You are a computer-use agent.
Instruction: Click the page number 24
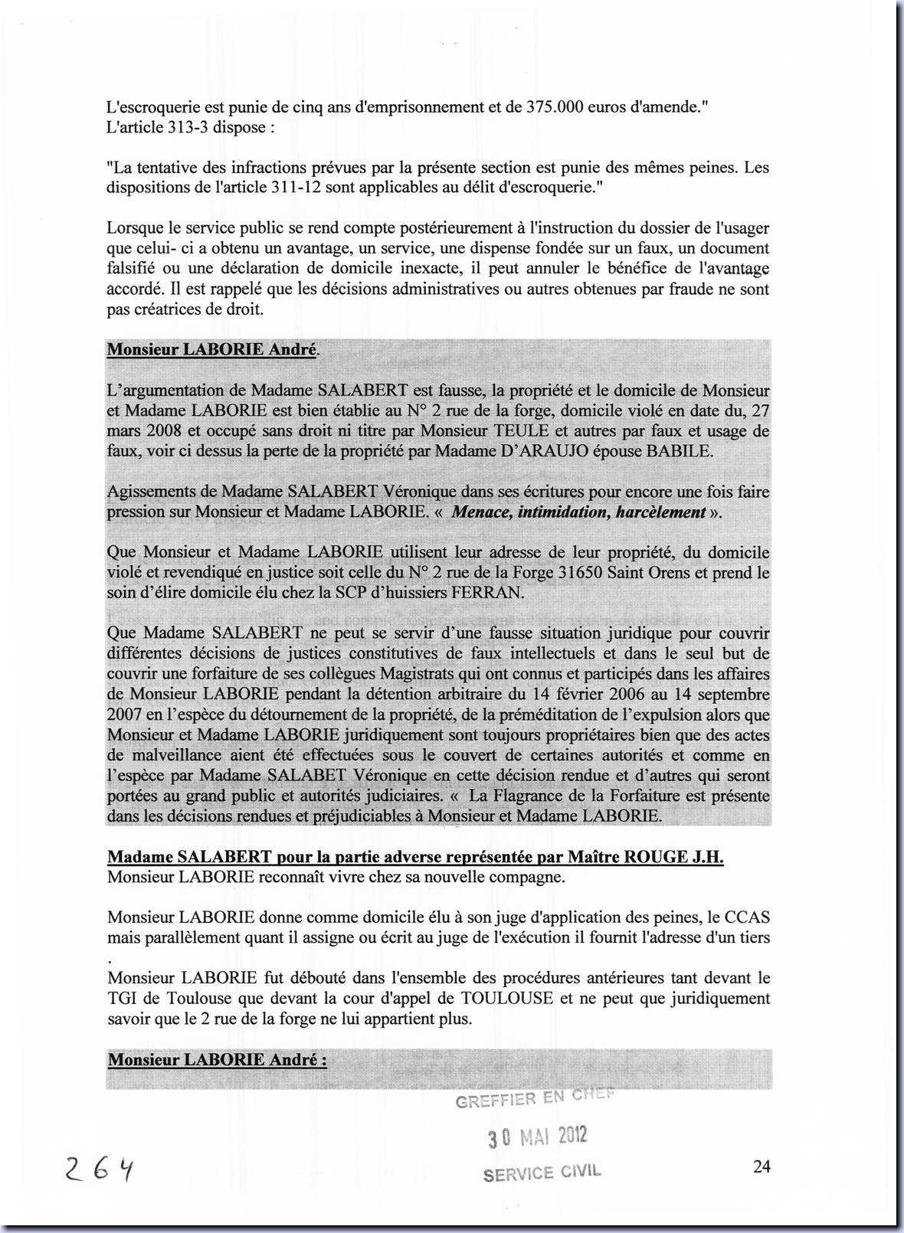762,1166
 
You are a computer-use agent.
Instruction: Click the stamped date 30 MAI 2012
538,1137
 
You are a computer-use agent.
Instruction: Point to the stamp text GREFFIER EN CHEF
535,1098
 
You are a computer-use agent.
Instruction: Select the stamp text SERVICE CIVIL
542,1172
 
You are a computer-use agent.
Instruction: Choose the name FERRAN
488,593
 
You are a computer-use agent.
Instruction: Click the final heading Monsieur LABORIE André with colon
217,1061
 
